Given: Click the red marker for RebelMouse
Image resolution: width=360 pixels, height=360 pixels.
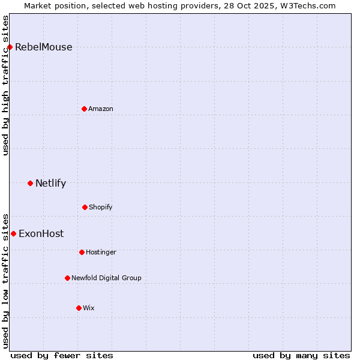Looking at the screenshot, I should (x=10, y=47).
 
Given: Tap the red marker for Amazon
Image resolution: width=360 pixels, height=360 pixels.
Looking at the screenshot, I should (x=84, y=109).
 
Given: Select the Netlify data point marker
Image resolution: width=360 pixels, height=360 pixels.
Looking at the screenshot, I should (x=30, y=183).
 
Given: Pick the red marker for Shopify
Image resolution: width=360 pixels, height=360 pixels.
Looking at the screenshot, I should (x=85, y=207).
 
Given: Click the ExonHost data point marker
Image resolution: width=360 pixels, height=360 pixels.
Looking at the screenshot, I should (x=13, y=233).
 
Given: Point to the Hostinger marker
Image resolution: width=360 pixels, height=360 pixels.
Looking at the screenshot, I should (x=82, y=252).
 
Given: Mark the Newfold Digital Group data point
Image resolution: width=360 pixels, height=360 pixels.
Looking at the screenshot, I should (x=67, y=278).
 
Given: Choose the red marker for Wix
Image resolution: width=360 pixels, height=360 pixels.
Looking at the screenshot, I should (x=79, y=308).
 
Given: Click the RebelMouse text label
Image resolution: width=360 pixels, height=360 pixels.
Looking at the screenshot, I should (x=43, y=47).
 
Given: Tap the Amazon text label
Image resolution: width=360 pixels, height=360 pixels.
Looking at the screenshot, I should (x=101, y=109).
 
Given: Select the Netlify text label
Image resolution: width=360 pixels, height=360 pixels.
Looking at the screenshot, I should (x=50, y=184).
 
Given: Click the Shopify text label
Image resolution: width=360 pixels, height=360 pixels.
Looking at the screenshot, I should (x=101, y=208).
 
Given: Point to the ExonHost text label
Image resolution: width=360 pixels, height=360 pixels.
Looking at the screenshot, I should (x=41, y=234).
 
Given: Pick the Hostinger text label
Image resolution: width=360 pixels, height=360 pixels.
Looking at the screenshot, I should (x=101, y=253).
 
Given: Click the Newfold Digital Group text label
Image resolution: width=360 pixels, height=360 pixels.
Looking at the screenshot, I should (x=106, y=278).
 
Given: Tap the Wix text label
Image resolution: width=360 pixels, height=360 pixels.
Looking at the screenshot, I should (x=89, y=308).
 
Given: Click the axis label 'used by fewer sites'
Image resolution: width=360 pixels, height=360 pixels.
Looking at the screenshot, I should (x=62, y=355).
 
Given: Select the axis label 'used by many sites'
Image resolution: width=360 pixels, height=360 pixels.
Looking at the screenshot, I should (x=301, y=355).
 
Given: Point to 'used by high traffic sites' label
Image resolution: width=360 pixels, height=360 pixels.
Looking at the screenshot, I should (x=6, y=85).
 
